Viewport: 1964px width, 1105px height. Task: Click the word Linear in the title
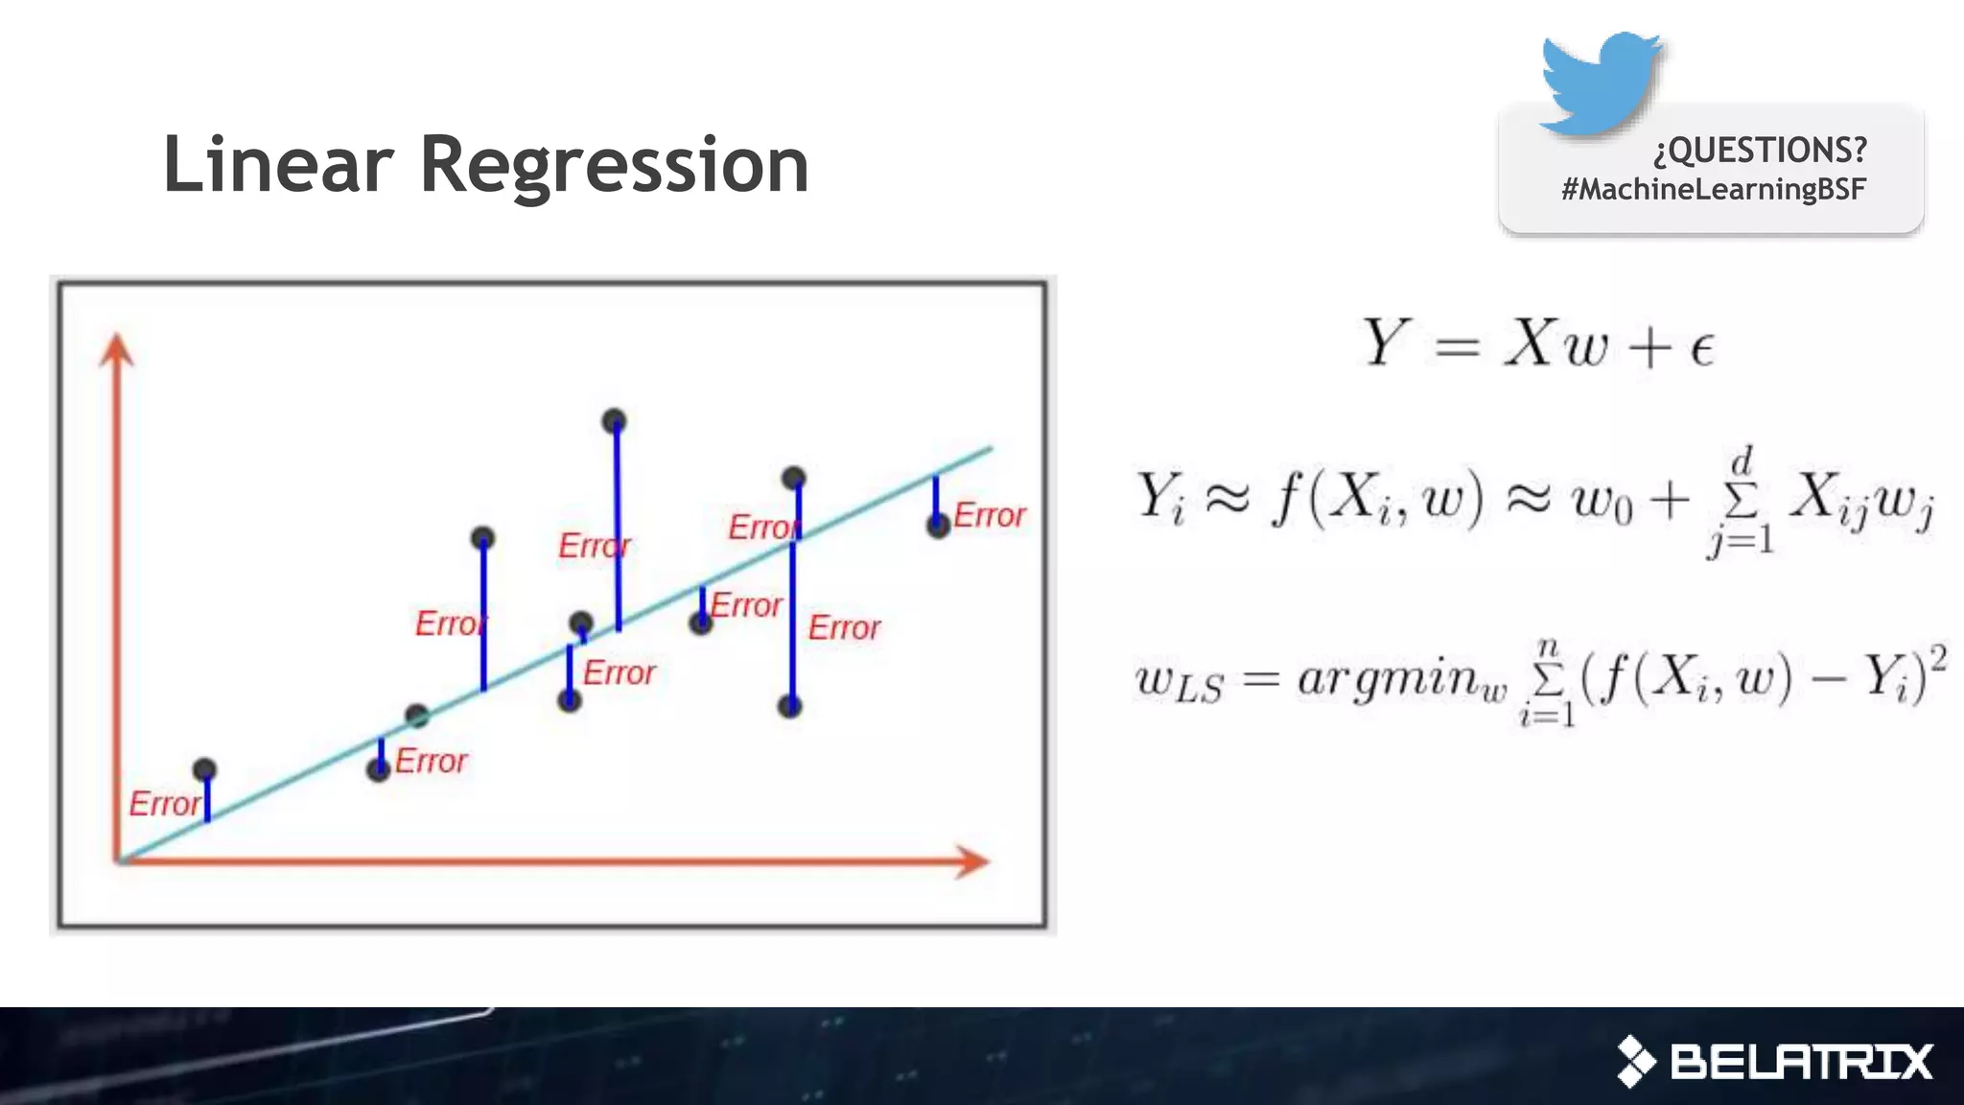pos(278,165)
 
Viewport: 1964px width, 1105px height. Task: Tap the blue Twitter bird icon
pos(1600,82)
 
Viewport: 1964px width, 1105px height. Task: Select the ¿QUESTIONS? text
pos(1760,150)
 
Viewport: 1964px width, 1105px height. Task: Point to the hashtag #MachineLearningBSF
pos(1713,189)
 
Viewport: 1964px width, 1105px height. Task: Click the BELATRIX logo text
pos(1800,1062)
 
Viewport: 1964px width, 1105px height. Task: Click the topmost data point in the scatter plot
pos(615,420)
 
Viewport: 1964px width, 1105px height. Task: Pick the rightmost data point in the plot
pos(938,525)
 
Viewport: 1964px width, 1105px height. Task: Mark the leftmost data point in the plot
pos(204,769)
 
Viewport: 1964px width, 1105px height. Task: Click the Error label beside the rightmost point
pos(990,516)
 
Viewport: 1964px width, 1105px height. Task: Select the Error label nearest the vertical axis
pos(164,804)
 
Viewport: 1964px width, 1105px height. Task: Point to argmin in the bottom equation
pos(1401,680)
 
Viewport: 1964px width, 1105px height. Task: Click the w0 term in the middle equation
pos(1602,502)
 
